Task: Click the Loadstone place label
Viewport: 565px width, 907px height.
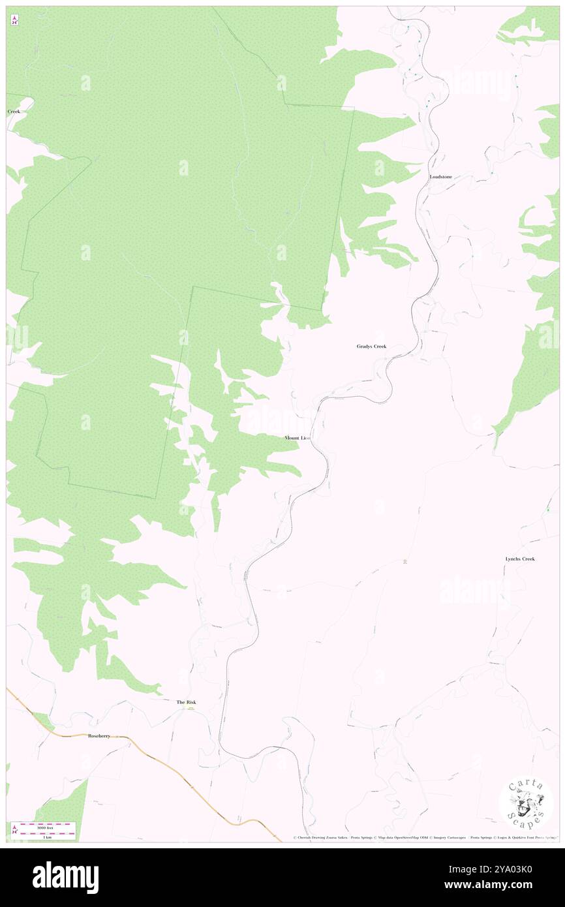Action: tap(441, 177)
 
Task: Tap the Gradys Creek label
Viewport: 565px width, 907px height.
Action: tap(371, 346)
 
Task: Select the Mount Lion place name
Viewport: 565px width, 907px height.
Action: tap(297, 438)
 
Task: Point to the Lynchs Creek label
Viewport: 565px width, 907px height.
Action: tap(520, 559)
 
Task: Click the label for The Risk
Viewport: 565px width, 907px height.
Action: tap(186, 702)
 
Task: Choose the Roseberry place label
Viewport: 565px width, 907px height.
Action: tap(99, 735)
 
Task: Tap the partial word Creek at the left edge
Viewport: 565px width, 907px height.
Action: tap(14, 112)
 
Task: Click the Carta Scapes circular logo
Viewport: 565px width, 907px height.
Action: tap(526, 803)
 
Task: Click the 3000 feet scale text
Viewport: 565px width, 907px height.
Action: tap(44, 826)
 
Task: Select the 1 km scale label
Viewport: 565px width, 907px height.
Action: tap(44, 837)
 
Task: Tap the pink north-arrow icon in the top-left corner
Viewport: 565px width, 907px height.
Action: tap(14, 21)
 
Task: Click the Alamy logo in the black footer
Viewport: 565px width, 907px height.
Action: tap(65, 877)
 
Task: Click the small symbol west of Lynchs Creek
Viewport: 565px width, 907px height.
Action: tap(406, 562)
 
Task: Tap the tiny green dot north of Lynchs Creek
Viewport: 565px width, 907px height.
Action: tap(549, 509)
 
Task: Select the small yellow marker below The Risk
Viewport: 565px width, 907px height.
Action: tap(191, 709)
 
